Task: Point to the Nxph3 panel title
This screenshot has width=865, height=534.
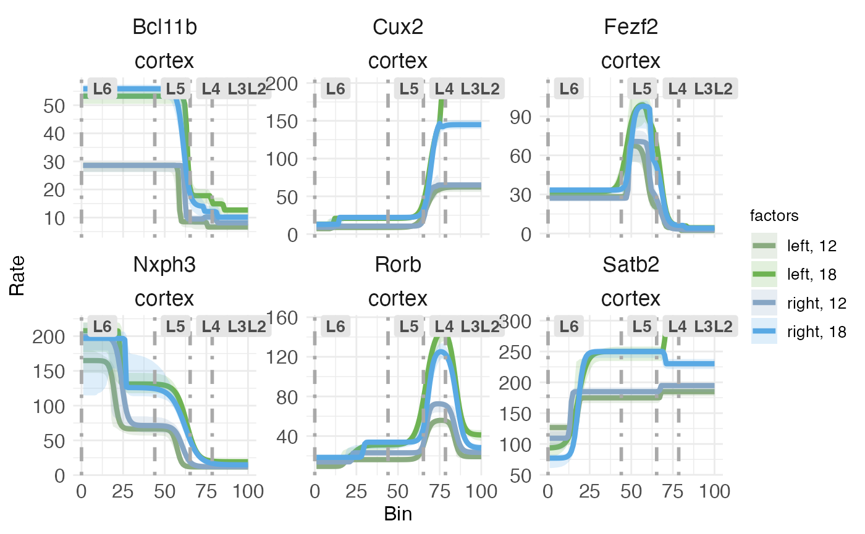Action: point(164,265)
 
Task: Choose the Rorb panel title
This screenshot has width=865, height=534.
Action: point(397,265)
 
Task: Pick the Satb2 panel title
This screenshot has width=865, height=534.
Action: point(630,265)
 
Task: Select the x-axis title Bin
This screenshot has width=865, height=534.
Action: point(398,514)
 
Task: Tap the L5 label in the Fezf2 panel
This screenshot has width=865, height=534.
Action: point(642,89)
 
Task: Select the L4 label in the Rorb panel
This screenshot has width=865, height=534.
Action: point(444,326)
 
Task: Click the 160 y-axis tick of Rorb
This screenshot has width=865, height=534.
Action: point(283,317)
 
